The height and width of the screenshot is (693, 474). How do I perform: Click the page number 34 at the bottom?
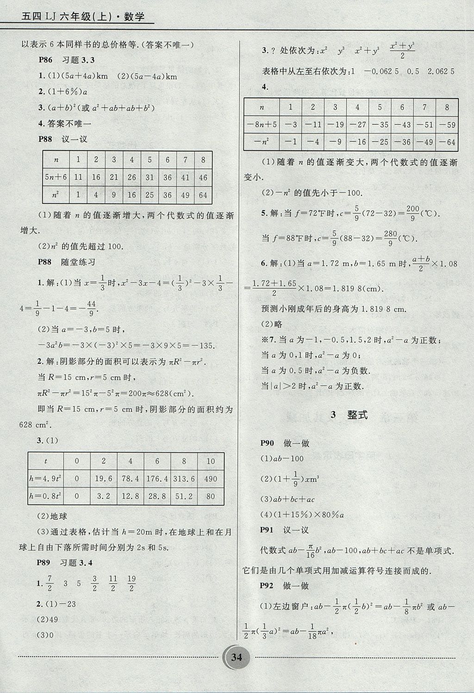[237, 657]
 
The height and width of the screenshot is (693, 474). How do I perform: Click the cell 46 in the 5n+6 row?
[203, 177]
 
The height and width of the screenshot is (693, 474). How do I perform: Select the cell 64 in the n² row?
[203, 195]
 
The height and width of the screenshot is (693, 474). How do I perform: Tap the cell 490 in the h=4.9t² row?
[211, 479]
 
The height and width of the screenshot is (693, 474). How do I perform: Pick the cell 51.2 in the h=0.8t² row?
[184, 496]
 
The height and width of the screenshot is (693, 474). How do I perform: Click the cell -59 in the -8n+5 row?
[447, 125]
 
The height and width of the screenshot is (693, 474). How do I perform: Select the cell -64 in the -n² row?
[447, 142]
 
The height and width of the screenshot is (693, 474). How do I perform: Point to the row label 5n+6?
[56, 177]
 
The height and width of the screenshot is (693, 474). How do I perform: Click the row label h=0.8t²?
[45, 496]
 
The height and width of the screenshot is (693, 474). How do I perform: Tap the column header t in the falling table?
[45, 461]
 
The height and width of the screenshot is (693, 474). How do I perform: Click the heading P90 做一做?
[284, 443]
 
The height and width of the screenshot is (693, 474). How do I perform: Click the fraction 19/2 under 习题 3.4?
[131, 584]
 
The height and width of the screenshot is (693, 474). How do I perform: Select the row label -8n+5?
[262, 125]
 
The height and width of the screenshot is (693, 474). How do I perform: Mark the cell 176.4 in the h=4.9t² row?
[157, 479]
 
